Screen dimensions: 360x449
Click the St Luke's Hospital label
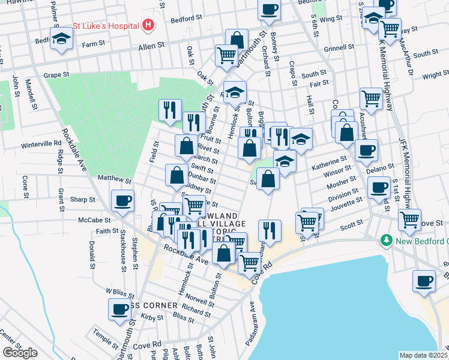coord(106,26)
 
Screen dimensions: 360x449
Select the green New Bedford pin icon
coord(387,240)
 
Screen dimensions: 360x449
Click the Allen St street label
coord(151,46)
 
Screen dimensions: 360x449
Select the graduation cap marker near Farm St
coord(61,40)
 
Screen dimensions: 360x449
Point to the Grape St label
coord(57,75)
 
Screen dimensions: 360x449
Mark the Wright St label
coord(435,76)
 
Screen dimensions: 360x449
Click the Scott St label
coord(349,227)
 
